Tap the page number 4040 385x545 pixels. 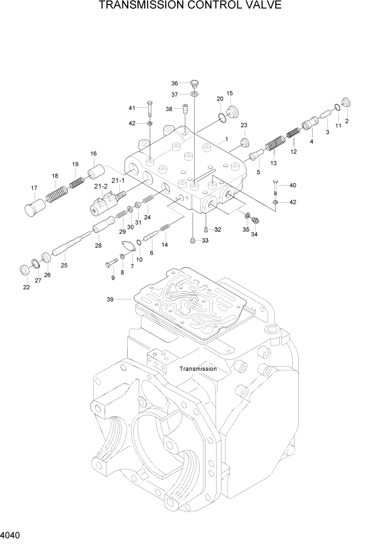coord(12,534)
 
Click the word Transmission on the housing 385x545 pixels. coord(198,369)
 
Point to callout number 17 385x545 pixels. coord(33,188)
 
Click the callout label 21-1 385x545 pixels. coord(118,180)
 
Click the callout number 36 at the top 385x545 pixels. coord(174,84)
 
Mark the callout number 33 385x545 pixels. coord(205,241)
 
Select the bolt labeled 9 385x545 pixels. coord(110,264)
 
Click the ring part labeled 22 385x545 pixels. coord(25,270)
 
